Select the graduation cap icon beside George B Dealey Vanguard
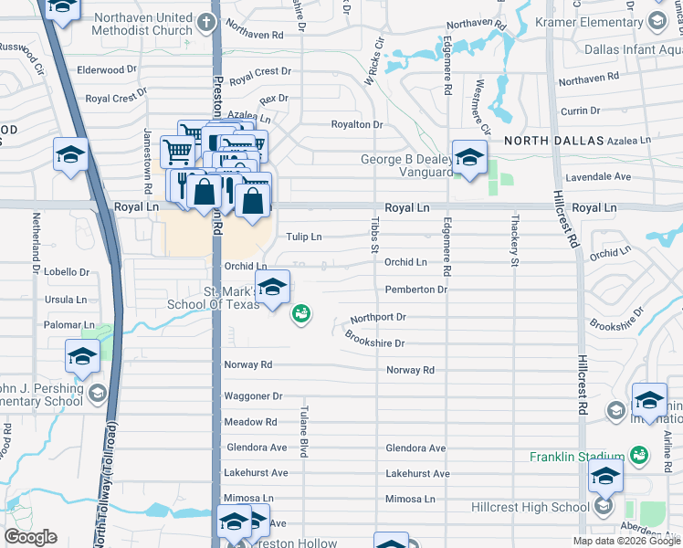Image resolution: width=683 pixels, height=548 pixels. click(x=469, y=158)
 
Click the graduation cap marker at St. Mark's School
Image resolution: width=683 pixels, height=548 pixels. click(x=271, y=290)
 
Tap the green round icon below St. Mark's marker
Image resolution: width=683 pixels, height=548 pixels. click(x=299, y=314)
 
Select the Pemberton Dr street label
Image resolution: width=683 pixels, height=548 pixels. click(x=415, y=290)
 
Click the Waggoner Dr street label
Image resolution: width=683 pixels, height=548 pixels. click(x=253, y=396)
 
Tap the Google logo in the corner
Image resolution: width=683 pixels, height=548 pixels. click(x=31, y=537)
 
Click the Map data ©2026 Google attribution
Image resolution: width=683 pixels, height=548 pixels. click(x=625, y=541)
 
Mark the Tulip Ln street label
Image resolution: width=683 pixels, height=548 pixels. click(x=304, y=237)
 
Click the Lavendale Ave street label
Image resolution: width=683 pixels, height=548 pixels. click(x=625, y=176)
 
